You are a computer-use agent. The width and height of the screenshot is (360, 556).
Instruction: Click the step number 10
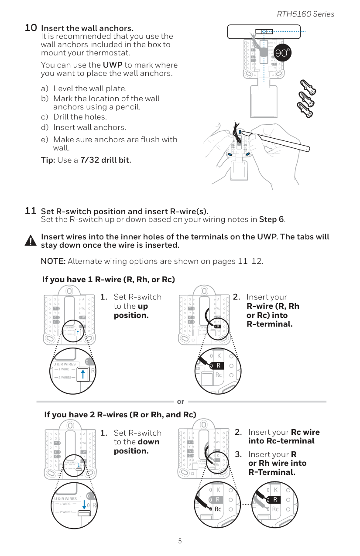coord(31,28)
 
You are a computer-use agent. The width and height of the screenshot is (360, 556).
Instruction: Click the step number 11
coord(31,211)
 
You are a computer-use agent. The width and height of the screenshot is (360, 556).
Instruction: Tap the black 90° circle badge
coord(282,53)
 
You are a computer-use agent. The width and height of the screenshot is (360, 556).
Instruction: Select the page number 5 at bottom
coord(180,541)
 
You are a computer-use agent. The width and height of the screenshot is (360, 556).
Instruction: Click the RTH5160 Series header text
coord(305,14)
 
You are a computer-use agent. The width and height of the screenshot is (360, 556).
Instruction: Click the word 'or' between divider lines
coord(180,402)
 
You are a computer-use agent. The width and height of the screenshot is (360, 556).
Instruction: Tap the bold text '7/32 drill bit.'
coord(106,160)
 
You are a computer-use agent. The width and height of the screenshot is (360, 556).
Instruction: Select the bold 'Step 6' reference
coord(271,219)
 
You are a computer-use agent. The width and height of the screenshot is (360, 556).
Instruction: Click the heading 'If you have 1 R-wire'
coord(108,279)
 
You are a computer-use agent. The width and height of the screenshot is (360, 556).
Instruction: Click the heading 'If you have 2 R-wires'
coord(120,414)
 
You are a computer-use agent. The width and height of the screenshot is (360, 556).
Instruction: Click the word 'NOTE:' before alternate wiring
coord(53,261)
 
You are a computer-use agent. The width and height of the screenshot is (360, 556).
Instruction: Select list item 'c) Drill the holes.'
coord(74,117)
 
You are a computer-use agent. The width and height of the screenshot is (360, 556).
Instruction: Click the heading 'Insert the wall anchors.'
coord(87,29)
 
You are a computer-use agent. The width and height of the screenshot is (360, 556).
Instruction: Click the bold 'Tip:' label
coord(48,160)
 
